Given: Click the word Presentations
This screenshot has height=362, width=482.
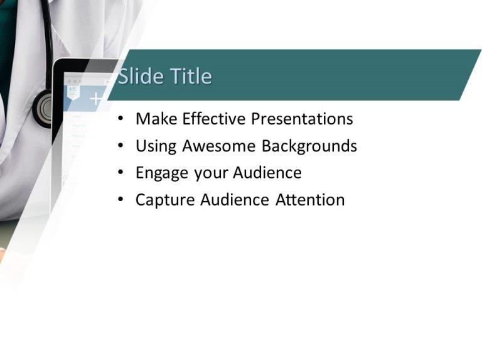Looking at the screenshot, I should pos(302,119).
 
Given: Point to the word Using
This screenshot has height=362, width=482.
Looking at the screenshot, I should pos(156,146).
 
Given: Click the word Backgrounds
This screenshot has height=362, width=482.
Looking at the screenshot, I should pos(309,146).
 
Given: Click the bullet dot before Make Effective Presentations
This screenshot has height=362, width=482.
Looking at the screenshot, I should pos(120,119).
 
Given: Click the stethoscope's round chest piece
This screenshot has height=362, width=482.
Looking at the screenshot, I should pos(45,108).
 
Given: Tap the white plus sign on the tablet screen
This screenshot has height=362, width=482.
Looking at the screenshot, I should pos(95,99).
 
